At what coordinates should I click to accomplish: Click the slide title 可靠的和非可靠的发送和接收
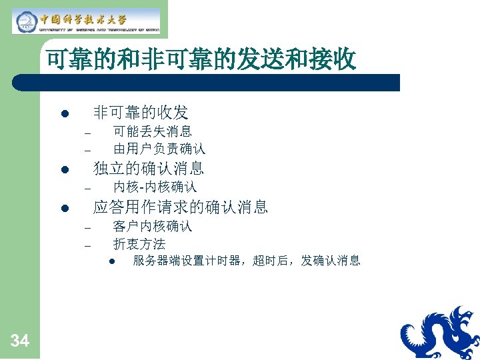201,61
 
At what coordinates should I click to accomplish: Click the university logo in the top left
87,21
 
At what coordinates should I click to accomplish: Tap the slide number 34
20,341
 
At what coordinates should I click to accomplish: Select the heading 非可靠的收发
141,112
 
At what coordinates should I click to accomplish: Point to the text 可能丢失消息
153,131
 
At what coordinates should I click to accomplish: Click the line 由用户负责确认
159,148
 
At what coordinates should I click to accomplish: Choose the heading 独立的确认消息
149,168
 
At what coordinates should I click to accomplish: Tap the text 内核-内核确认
155,187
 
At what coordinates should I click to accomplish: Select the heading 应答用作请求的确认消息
181,207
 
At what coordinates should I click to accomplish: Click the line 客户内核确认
153,226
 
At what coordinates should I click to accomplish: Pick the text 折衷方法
139,244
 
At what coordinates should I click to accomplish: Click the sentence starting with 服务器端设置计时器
247,261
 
